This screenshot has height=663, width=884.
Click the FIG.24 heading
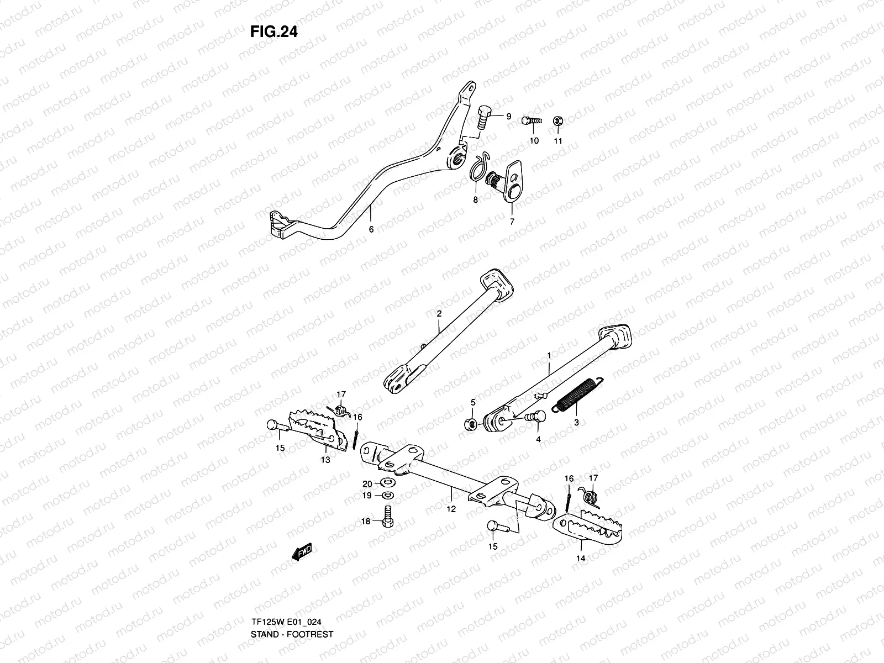pyautogui.click(x=273, y=32)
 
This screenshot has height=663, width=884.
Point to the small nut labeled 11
pyautogui.click(x=558, y=121)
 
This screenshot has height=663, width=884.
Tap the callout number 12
pyautogui.click(x=451, y=509)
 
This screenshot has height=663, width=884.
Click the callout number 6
pyautogui.click(x=371, y=229)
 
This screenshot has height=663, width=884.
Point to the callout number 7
pyautogui.click(x=512, y=222)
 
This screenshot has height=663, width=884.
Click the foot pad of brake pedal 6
pyautogui.click(x=280, y=225)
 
